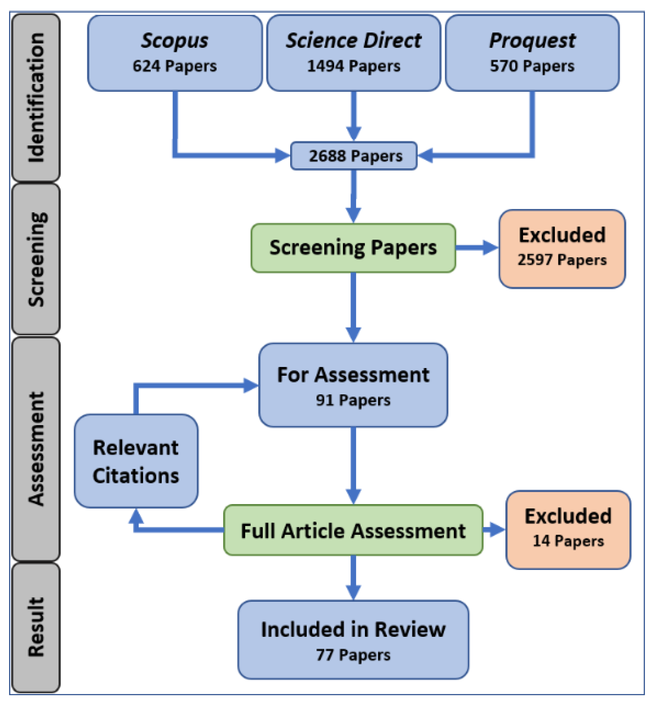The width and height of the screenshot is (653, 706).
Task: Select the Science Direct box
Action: pos(353,53)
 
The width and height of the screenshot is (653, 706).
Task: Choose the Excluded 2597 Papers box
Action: pos(562,249)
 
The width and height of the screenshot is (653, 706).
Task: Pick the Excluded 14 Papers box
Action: pos(568,530)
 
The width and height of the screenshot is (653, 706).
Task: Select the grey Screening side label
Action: pos(36,259)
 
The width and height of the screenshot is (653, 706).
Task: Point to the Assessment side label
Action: pos(36,448)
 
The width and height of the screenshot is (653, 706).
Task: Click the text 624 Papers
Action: pos(175,66)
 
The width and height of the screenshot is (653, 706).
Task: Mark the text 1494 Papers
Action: pos(353,66)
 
